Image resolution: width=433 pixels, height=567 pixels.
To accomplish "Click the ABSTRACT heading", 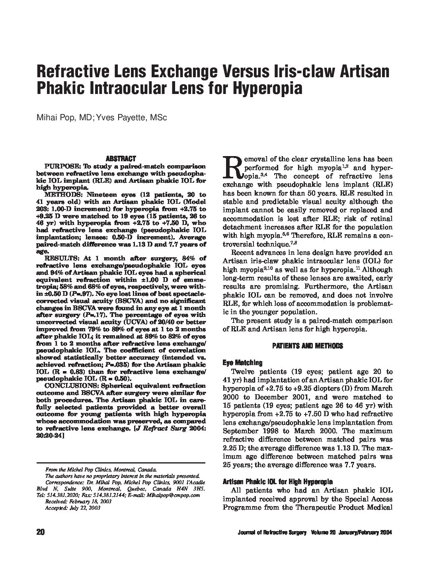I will point(121,158).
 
